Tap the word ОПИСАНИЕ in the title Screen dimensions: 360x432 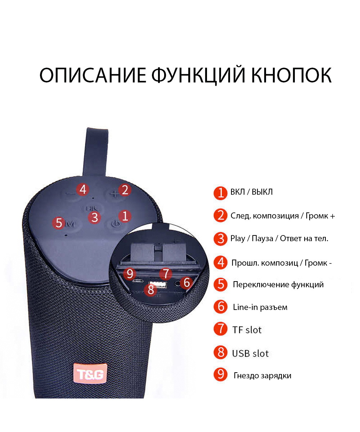[x=93, y=75]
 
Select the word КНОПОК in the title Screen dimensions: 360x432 [x=291, y=75]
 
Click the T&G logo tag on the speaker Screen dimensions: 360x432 [x=90, y=374]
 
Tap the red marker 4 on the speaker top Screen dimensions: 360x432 [x=83, y=189]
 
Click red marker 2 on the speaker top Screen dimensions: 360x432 [x=125, y=189]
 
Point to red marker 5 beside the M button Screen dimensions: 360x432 [x=59, y=222]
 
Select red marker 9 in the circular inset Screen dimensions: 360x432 [x=130, y=274]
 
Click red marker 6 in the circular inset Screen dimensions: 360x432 [x=186, y=282]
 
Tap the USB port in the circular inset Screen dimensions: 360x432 [x=158, y=285]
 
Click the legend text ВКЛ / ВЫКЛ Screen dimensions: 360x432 [x=251, y=192]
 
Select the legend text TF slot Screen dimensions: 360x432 [x=247, y=330]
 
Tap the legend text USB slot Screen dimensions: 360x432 [x=250, y=354]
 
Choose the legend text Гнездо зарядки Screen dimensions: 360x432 [x=262, y=376]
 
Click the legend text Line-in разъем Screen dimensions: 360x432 [x=260, y=307]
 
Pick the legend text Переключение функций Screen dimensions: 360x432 [x=278, y=284]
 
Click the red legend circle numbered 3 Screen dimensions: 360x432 [x=221, y=239]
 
